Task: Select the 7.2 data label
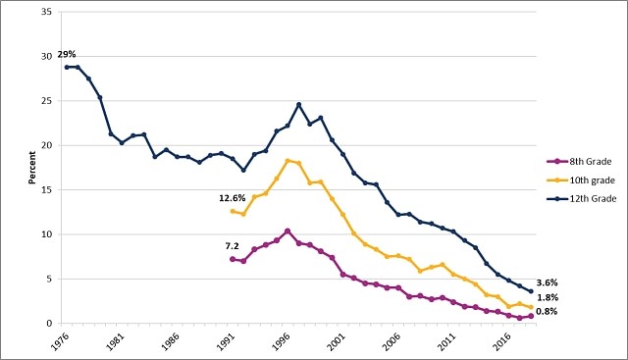coord(233,246)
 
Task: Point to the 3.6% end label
coord(548,283)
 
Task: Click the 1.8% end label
coord(548,298)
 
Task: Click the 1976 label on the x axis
coord(60,343)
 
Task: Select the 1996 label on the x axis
coord(281,343)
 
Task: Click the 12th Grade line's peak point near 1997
coord(298,105)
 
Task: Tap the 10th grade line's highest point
coord(288,161)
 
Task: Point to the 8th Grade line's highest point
coord(288,231)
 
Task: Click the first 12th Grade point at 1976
coord(67,67)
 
